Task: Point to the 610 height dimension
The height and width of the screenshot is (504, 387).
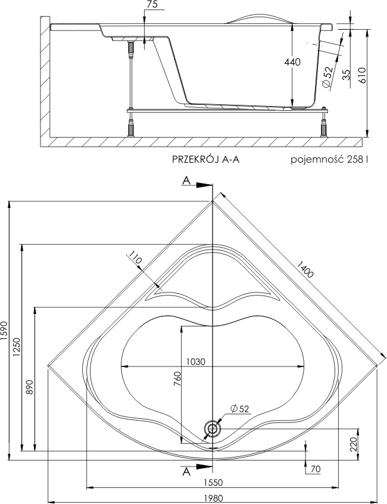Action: (362, 74)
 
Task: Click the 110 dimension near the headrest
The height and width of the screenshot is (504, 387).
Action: (135, 260)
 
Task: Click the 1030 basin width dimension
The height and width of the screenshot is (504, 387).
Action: (195, 361)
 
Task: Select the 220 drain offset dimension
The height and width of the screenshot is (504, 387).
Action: (352, 443)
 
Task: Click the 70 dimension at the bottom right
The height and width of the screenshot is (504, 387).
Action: (316, 469)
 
